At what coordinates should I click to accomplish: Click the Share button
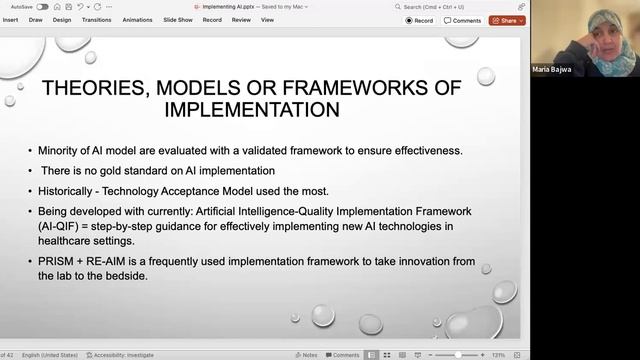point(506,20)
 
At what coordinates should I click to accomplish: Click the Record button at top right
point(420,20)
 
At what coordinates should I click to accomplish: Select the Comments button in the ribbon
point(462,20)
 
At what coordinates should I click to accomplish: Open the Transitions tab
point(96,19)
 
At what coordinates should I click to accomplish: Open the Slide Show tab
point(178,19)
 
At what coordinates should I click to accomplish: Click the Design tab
point(62,19)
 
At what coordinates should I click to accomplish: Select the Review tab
point(241,19)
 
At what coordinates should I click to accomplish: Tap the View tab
point(267,19)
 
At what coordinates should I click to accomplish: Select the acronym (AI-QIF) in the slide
point(61,226)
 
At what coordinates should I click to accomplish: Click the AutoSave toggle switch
point(42,6)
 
